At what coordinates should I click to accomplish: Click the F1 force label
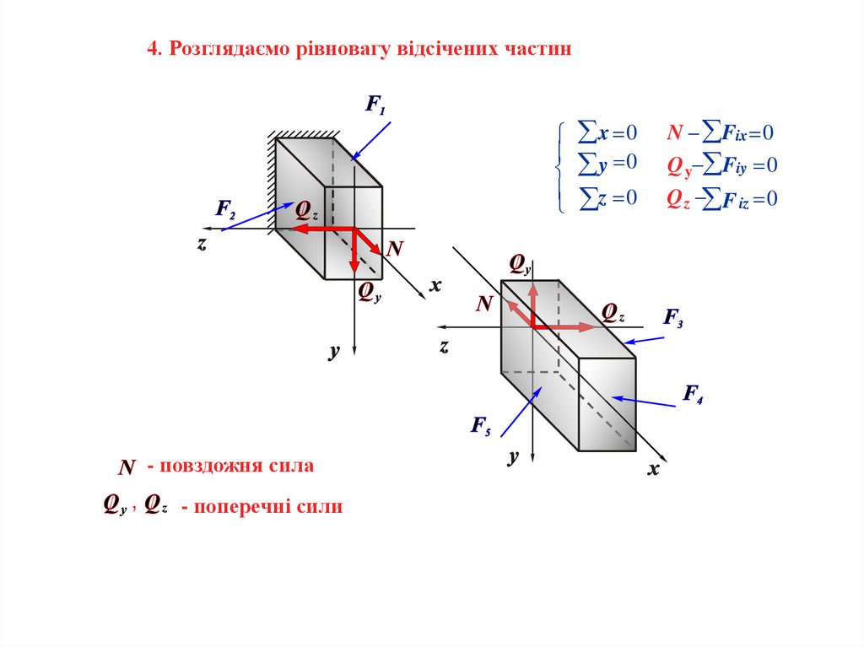(x=375, y=105)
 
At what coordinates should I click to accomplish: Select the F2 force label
(x=225, y=209)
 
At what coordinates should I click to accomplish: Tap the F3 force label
(x=673, y=317)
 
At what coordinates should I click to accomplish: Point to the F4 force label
(x=694, y=393)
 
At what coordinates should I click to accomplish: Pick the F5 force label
(x=481, y=425)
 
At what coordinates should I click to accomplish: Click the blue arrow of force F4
(x=644, y=402)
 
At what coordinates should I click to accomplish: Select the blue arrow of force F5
(x=521, y=412)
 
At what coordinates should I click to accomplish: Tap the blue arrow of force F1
(x=371, y=141)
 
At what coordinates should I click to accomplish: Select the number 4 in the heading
(x=153, y=49)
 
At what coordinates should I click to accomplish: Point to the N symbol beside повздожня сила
(x=127, y=467)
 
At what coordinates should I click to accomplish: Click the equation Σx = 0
(x=607, y=132)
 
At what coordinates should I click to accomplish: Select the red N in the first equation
(x=675, y=132)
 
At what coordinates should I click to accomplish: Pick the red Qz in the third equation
(x=678, y=199)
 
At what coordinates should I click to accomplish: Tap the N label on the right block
(x=484, y=304)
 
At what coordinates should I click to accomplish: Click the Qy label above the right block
(x=520, y=265)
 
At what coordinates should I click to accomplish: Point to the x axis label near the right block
(x=654, y=469)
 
